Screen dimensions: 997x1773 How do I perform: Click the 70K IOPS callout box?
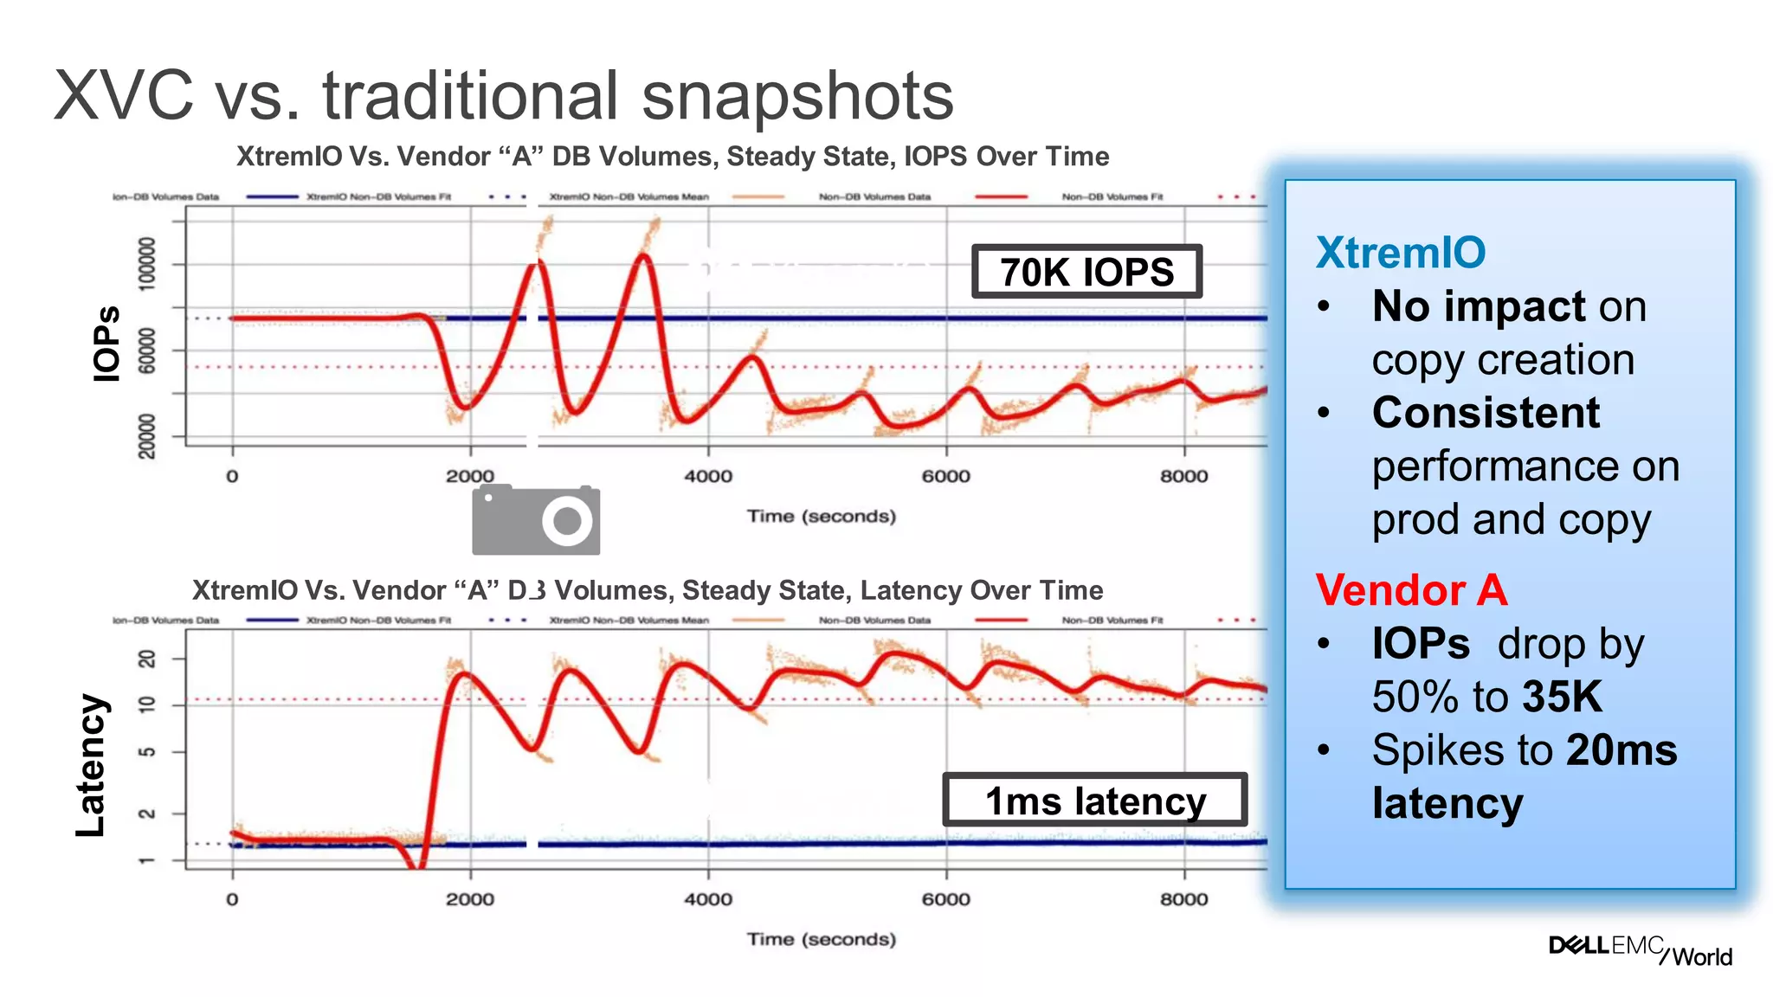click(1086, 272)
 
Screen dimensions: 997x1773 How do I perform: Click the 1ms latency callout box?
click(1094, 801)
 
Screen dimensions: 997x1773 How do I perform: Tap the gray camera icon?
click(536, 520)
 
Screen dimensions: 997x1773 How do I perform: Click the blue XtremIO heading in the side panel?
click(1400, 253)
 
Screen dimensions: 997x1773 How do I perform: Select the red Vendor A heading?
click(1411, 590)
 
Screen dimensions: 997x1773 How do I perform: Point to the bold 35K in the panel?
click(1562, 697)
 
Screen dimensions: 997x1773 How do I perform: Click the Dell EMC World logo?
click(1640, 949)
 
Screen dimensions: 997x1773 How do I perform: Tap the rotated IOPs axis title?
click(106, 343)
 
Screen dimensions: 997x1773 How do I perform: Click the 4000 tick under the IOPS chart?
click(707, 476)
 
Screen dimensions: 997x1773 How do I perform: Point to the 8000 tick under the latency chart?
click(1183, 899)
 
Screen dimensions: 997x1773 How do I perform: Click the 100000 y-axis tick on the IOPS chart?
click(147, 263)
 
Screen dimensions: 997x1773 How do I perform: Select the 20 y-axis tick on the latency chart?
click(147, 659)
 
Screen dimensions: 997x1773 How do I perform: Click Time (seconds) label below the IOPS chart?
click(821, 517)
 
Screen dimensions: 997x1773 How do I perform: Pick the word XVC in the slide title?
click(124, 95)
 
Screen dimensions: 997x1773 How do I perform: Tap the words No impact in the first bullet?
click(1478, 306)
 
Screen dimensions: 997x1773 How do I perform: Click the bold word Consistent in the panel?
click(1486, 413)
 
